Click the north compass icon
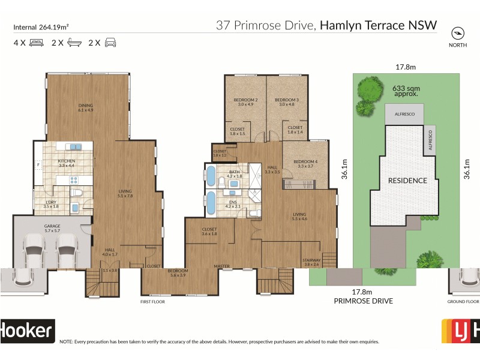pyautogui.click(x=458, y=32)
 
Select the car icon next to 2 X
pyautogui.click(x=110, y=43)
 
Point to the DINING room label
pyautogui.click(x=85, y=107)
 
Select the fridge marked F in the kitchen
pyautogui.click(x=38, y=164)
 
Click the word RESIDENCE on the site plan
pyautogui.click(x=407, y=180)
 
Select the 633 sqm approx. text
pyautogui.click(x=405, y=91)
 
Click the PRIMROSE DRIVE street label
pyautogui.click(x=364, y=301)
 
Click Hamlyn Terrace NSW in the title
pyautogui.click(x=378, y=25)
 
